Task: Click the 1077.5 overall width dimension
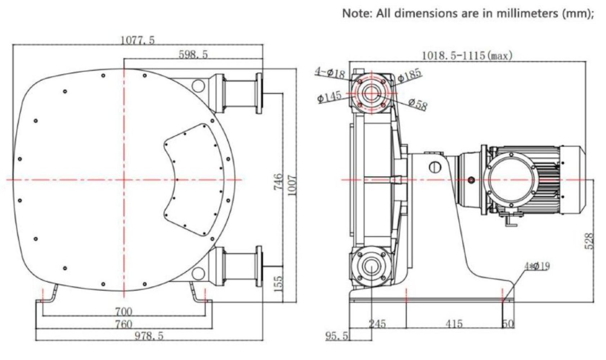(137, 40)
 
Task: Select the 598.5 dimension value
(193, 55)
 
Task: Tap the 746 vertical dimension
(278, 181)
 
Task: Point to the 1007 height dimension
(292, 185)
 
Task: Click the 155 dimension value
(279, 284)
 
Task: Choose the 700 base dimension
(124, 312)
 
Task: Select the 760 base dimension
(124, 324)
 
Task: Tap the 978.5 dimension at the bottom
(149, 336)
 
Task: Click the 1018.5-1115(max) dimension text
(467, 56)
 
